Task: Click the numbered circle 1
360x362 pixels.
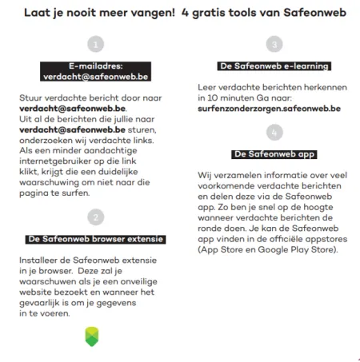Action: point(97,44)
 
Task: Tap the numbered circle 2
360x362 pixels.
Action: point(97,217)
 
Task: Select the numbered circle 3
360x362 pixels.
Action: point(274,44)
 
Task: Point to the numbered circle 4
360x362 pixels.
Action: point(274,130)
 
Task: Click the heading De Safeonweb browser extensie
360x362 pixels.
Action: point(96,238)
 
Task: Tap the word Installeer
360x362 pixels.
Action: point(38,261)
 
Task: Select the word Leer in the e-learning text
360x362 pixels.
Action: point(206,86)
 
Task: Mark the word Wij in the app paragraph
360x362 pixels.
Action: point(205,173)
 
